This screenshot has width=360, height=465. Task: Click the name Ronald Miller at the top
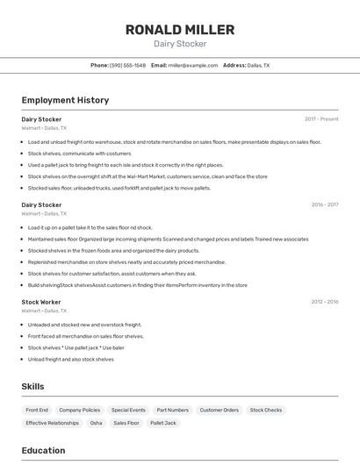point(180,30)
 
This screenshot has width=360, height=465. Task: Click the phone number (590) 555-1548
point(127,65)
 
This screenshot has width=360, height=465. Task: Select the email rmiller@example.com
point(193,65)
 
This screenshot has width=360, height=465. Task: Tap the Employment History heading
point(65,100)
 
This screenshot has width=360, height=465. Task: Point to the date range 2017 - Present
point(321,119)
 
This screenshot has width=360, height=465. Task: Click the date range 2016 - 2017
point(325,204)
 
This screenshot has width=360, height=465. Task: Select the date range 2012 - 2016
point(325,302)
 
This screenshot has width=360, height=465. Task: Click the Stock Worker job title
point(40,302)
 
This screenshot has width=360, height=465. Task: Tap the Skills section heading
point(32,386)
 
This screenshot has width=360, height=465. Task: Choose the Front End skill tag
point(37,410)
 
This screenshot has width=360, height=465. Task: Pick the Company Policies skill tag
point(80,410)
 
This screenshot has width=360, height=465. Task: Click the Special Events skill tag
point(128,410)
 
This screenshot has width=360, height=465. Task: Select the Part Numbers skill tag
point(172,410)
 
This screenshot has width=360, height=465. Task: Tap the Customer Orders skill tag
point(219,410)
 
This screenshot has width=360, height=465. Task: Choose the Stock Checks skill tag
point(266,410)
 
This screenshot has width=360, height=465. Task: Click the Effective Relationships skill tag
point(52,423)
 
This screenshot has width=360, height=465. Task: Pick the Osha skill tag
point(96,423)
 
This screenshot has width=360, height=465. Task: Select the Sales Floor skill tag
point(126,423)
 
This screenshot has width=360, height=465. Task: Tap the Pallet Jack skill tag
point(163,423)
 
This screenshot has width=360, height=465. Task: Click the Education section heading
point(43,450)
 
